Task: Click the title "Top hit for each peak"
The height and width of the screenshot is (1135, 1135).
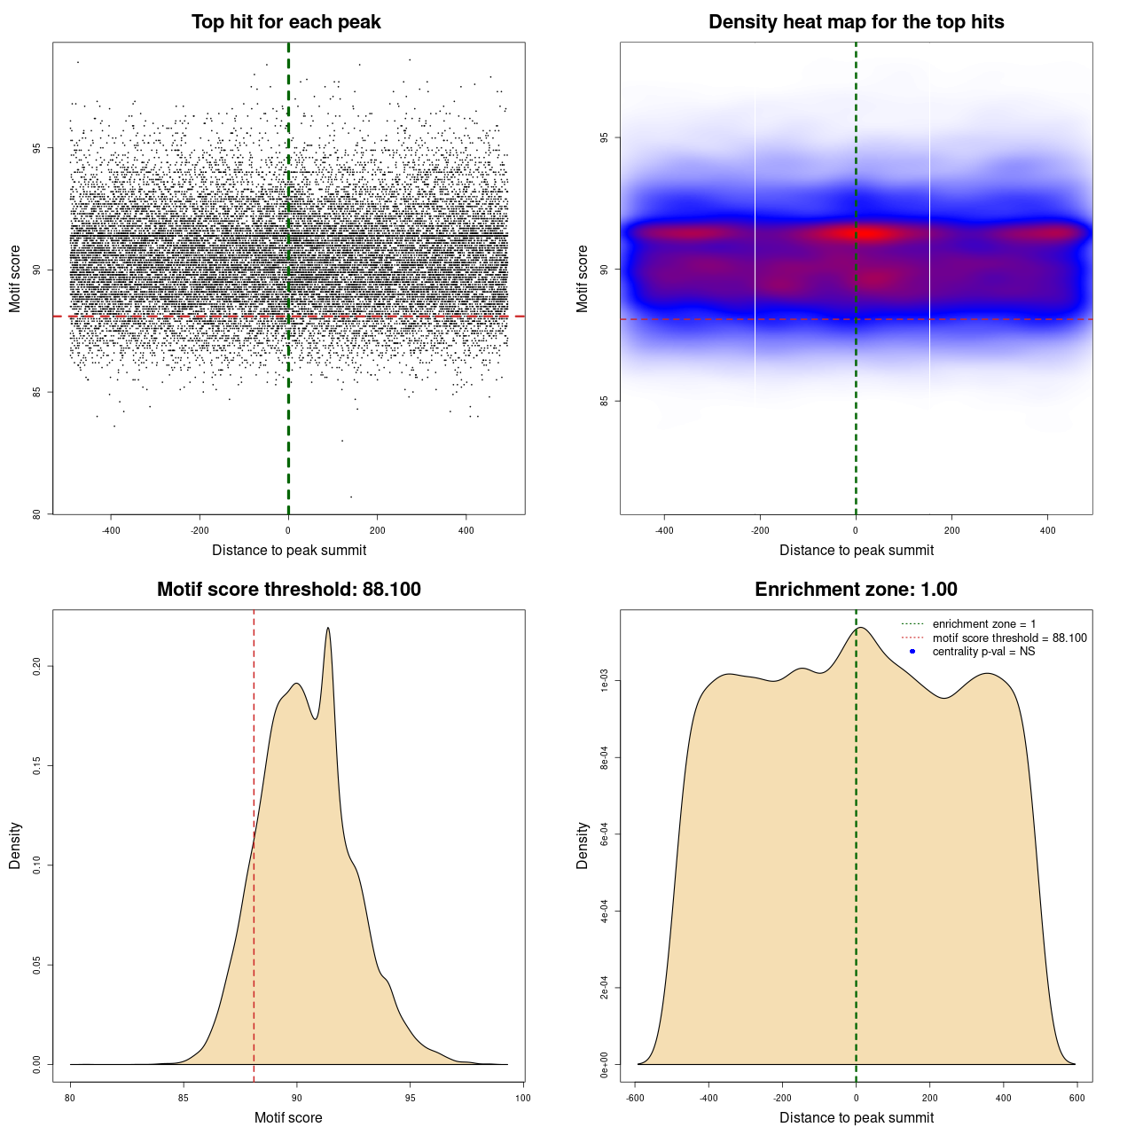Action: click(286, 22)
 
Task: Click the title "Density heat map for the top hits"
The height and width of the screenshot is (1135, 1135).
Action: click(856, 22)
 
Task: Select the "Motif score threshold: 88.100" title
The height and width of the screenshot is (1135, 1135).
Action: click(288, 590)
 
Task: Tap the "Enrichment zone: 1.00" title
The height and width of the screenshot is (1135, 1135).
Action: click(856, 590)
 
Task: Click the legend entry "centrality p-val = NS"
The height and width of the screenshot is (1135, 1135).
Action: click(983, 652)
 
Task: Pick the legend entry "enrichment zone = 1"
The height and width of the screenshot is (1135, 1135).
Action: click(983, 624)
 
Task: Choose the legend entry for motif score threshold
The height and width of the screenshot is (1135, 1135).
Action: click(1009, 638)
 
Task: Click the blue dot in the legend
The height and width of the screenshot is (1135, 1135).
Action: click(912, 652)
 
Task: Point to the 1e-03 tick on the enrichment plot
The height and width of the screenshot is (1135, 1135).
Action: click(605, 681)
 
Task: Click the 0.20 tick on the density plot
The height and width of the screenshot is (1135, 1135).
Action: click(37, 666)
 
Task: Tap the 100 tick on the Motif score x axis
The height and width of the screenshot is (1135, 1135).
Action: click(523, 1098)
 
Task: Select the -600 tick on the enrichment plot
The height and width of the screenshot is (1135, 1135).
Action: click(635, 1098)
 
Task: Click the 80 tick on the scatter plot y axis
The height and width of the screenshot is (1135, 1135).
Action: click(37, 514)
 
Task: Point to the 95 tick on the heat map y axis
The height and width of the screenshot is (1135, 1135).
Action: click(605, 137)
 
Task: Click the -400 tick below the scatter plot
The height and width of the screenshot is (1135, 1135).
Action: click(111, 530)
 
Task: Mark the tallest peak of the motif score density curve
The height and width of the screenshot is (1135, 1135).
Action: click(328, 628)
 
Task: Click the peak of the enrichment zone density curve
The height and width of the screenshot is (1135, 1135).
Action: click(860, 628)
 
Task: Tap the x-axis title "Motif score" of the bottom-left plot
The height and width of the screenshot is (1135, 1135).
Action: click(288, 1117)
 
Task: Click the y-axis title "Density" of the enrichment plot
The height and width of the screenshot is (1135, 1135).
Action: click(583, 845)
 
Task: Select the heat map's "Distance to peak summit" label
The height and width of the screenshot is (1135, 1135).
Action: click(856, 550)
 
